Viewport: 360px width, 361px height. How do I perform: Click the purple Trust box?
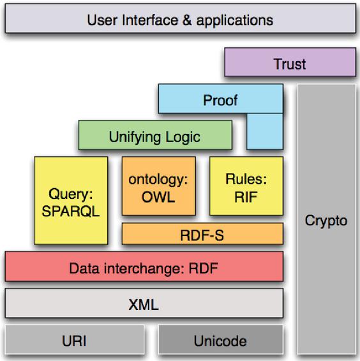[x=290, y=62]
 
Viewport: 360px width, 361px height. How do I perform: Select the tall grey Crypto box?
[x=326, y=219]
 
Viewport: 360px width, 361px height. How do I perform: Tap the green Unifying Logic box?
[x=155, y=135]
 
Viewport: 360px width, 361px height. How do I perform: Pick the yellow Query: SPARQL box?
[x=71, y=200]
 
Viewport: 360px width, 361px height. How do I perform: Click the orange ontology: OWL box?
[x=158, y=186]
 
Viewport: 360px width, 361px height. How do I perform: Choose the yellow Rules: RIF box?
[x=246, y=186]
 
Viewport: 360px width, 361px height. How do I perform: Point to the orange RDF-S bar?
[x=202, y=233]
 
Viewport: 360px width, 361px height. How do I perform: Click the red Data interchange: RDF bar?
[x=144, y=267]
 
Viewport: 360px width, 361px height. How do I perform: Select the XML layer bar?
[x=144, y=303]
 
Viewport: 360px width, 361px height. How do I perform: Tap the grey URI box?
[x=75, y=339]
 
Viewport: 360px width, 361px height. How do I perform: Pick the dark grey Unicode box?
[x=221, y=339]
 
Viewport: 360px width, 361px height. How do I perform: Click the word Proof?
[x=220, y=100]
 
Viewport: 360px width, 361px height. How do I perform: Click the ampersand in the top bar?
[x=187, y=20]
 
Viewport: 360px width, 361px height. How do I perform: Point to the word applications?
[x=235, y=20]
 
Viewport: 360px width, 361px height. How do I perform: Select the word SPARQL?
[x=71, y=211]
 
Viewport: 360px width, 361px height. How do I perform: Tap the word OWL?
[x=158, y=197]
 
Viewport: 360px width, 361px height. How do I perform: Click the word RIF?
[x=246, y=197]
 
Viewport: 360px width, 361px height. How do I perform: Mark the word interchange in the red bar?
[x=144, y=269]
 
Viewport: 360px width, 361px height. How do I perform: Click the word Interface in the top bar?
[x=150, y=20]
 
